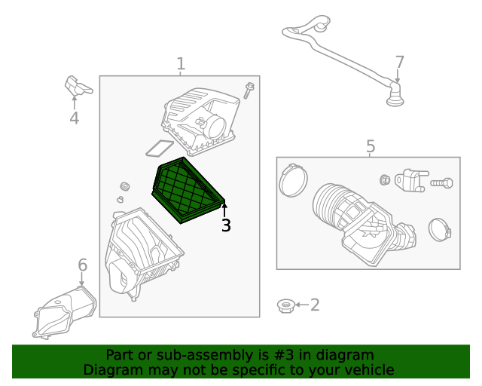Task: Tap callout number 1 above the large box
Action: coord(181,64)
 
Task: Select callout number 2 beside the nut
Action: coord(315,305)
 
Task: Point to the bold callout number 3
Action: coord(226,225)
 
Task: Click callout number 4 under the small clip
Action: coord(74,118)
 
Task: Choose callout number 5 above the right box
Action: coord(370,146)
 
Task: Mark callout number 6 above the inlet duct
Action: coord(83,265)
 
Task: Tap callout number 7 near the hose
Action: coord(400,62)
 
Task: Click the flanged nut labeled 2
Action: coord(285,305)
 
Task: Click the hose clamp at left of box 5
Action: coord(293,181)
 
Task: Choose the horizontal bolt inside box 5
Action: coord(442,182)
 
